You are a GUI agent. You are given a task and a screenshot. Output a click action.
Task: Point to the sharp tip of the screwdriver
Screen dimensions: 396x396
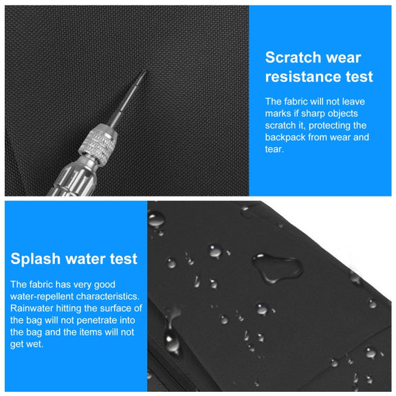(x=146, y=71)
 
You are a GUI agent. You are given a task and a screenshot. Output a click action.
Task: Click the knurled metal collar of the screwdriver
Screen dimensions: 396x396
(x=98, y=144)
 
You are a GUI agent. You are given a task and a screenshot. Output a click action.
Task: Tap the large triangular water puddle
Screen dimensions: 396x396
(x=277, y=267)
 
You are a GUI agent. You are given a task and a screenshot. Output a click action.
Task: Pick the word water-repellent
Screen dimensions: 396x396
(x=42, y=296)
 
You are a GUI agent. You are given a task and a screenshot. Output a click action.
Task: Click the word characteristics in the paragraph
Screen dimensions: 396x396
(x=107, y=296)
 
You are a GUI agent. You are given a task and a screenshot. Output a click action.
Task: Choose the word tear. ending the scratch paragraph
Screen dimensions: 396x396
(x=274, y=149)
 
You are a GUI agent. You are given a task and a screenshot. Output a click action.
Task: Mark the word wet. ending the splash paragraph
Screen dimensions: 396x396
(x=27, y=344)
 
